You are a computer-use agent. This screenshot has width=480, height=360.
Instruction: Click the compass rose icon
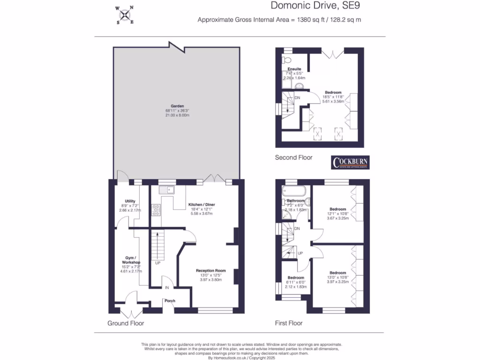pyautogui.click(x=125, y=15)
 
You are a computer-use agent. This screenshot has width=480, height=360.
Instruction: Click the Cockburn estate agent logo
pyautogui.click(x=351, y=163)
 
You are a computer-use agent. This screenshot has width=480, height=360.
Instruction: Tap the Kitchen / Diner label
pyautogui.click(x=202, y=205)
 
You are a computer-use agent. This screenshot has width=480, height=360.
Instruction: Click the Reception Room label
pyautogui.click(x=210, y=271)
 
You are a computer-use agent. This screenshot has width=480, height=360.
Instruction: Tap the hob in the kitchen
pyautogui.click(x=156, y=210)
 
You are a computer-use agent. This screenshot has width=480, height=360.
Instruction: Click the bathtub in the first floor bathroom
pyautogui.click(x=294, y=191)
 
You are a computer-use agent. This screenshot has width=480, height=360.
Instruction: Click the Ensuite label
pyautogui.click(x=294, y=69)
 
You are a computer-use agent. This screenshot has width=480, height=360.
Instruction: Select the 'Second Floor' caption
pyautogui.click(x=293, y=158)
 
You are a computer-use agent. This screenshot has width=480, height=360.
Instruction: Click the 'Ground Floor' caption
pyautogui.click(x=126, y=323)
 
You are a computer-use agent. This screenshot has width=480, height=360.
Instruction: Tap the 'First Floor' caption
pyautogui.click(x=288, y=323)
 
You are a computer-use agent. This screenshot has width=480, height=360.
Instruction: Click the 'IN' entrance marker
pyautogui.click(x=166, y=287)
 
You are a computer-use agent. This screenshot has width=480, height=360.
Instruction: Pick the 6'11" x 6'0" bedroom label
pyautogui.click(x=296, y=277)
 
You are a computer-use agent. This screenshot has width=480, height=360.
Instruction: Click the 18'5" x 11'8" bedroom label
pyautogui.click(x=333, y=93)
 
